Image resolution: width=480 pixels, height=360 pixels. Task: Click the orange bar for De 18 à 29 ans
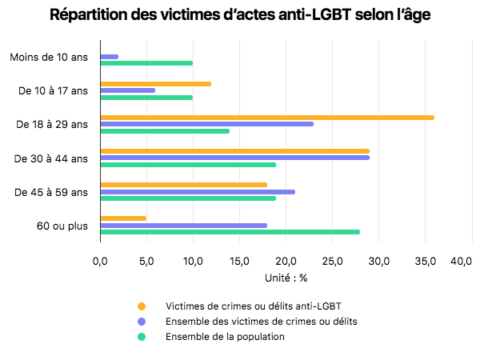(x=267, y=118)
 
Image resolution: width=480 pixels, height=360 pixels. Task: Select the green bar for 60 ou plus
(x=230, y=232)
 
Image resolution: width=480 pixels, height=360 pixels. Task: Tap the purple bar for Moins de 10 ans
(x=110, y=57)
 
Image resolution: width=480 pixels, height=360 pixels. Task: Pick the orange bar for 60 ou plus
(x=123, y=218)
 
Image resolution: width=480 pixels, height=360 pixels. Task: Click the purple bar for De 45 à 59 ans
(x=198, y=192)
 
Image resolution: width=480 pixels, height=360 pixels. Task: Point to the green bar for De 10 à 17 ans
(x=146, y=98)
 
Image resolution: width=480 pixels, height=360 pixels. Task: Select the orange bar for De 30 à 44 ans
(x=234, y=151)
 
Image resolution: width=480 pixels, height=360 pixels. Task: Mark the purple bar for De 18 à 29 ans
(x=206, y=124)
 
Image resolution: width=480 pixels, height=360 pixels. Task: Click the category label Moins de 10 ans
(x=49, y=57)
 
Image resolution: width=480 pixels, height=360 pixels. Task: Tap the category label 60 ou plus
(x=62, y=226)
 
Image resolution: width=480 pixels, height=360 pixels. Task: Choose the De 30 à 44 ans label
(x=51, y=158)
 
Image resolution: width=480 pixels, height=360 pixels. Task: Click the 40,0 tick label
(x=462, y=260)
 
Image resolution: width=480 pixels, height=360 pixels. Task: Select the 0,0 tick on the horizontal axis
(x=100, y=260)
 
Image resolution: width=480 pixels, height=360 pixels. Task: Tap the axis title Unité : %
(x=286, y=278)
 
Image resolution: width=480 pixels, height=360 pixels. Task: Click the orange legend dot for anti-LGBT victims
(x=142, y=306)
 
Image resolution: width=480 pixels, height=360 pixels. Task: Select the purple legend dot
(x=142, y=322)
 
